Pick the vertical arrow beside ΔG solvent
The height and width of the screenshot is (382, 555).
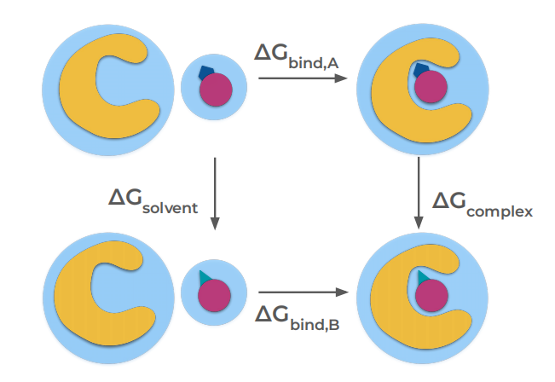tap(215, 194)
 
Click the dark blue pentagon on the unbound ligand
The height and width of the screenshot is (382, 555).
tap(205, 75)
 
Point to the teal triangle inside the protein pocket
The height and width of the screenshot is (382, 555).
tap(421, 276)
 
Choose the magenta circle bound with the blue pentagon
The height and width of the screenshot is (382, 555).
tap(432, 86)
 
